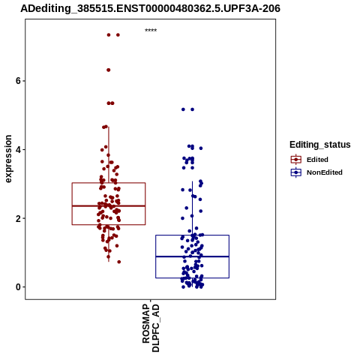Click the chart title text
coord(150,8)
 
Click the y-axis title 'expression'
coord(8,159)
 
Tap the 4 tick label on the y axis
coord(19,149)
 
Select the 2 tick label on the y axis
coord(19,218)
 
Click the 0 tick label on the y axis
coord(19,287)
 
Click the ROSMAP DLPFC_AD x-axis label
coord(151,328)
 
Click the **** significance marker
coord(151,31)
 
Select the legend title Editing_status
coord(320,145)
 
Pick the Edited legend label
coord(317,160)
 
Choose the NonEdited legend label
coord(325,172)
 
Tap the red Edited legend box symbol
coord(296,160)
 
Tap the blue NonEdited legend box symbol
coord(296,172)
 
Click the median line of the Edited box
coord(109,205)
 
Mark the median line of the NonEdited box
coord(192,256)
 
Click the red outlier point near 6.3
coord(109,70)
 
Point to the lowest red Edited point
coord(119,262)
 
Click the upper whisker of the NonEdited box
coord(192,208)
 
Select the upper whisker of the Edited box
coord(109,154)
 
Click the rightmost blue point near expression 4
coord(201,148)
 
